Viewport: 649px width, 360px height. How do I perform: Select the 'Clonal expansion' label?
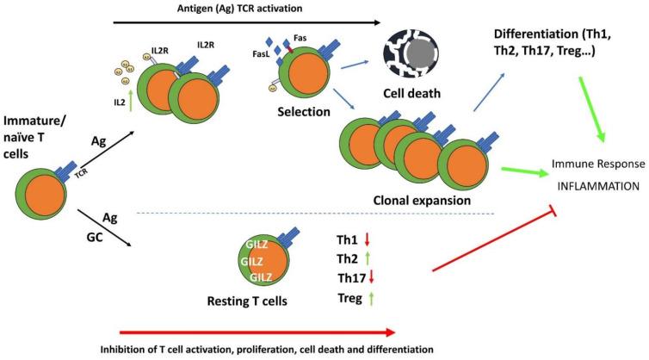(423, 200)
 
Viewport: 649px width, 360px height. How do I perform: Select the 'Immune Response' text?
(598, 163)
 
